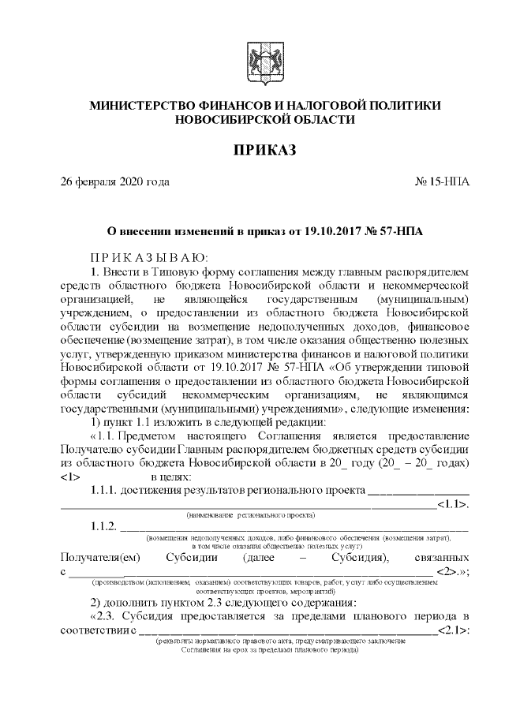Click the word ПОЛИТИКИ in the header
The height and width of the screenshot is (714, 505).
click(x=405, y=106)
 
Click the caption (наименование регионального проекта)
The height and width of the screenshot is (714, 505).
click(x=251, y=514)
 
